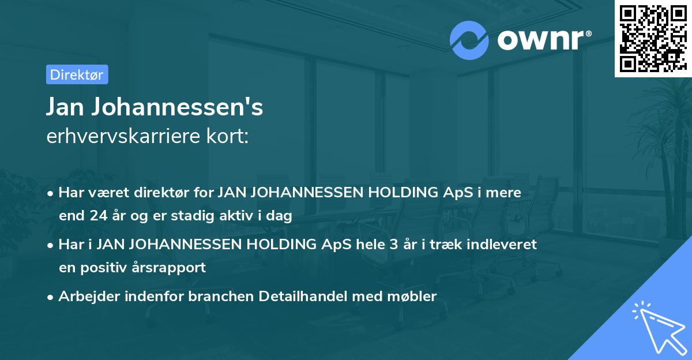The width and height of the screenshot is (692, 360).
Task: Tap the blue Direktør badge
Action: point(77,74)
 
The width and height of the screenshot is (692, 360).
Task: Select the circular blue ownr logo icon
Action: point(469,40)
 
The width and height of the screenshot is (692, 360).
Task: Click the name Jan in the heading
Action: point(66,108)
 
